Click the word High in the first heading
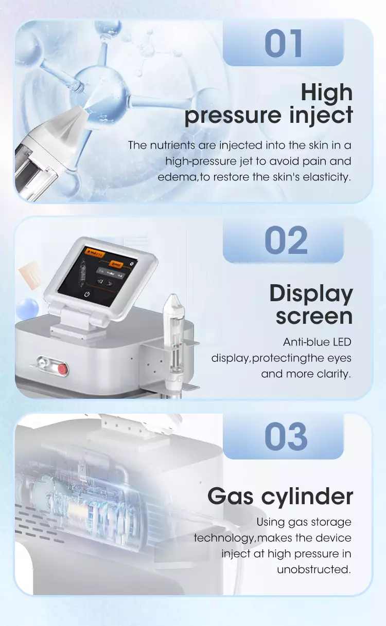[327, 93]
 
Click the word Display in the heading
[311, 294]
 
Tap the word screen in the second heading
[314, 316]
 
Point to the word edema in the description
[173, 177]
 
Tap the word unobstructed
[314, 569]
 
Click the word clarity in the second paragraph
[330, 374]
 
